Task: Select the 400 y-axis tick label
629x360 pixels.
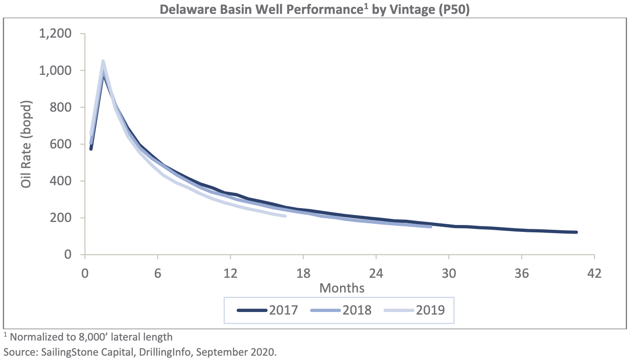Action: pos(61,181)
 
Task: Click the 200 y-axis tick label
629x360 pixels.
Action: pos(61,218)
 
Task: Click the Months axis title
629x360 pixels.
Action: pos(342,287)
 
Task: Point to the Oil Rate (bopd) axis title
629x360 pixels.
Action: pos(27,145)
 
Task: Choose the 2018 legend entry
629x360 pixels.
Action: pos(342,310)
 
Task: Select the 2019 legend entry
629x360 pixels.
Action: pos(415,310)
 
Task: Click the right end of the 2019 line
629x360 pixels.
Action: pos(285,216)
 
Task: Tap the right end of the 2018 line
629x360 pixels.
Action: pos(431,226)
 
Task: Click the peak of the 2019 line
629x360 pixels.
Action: pos(103,61)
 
